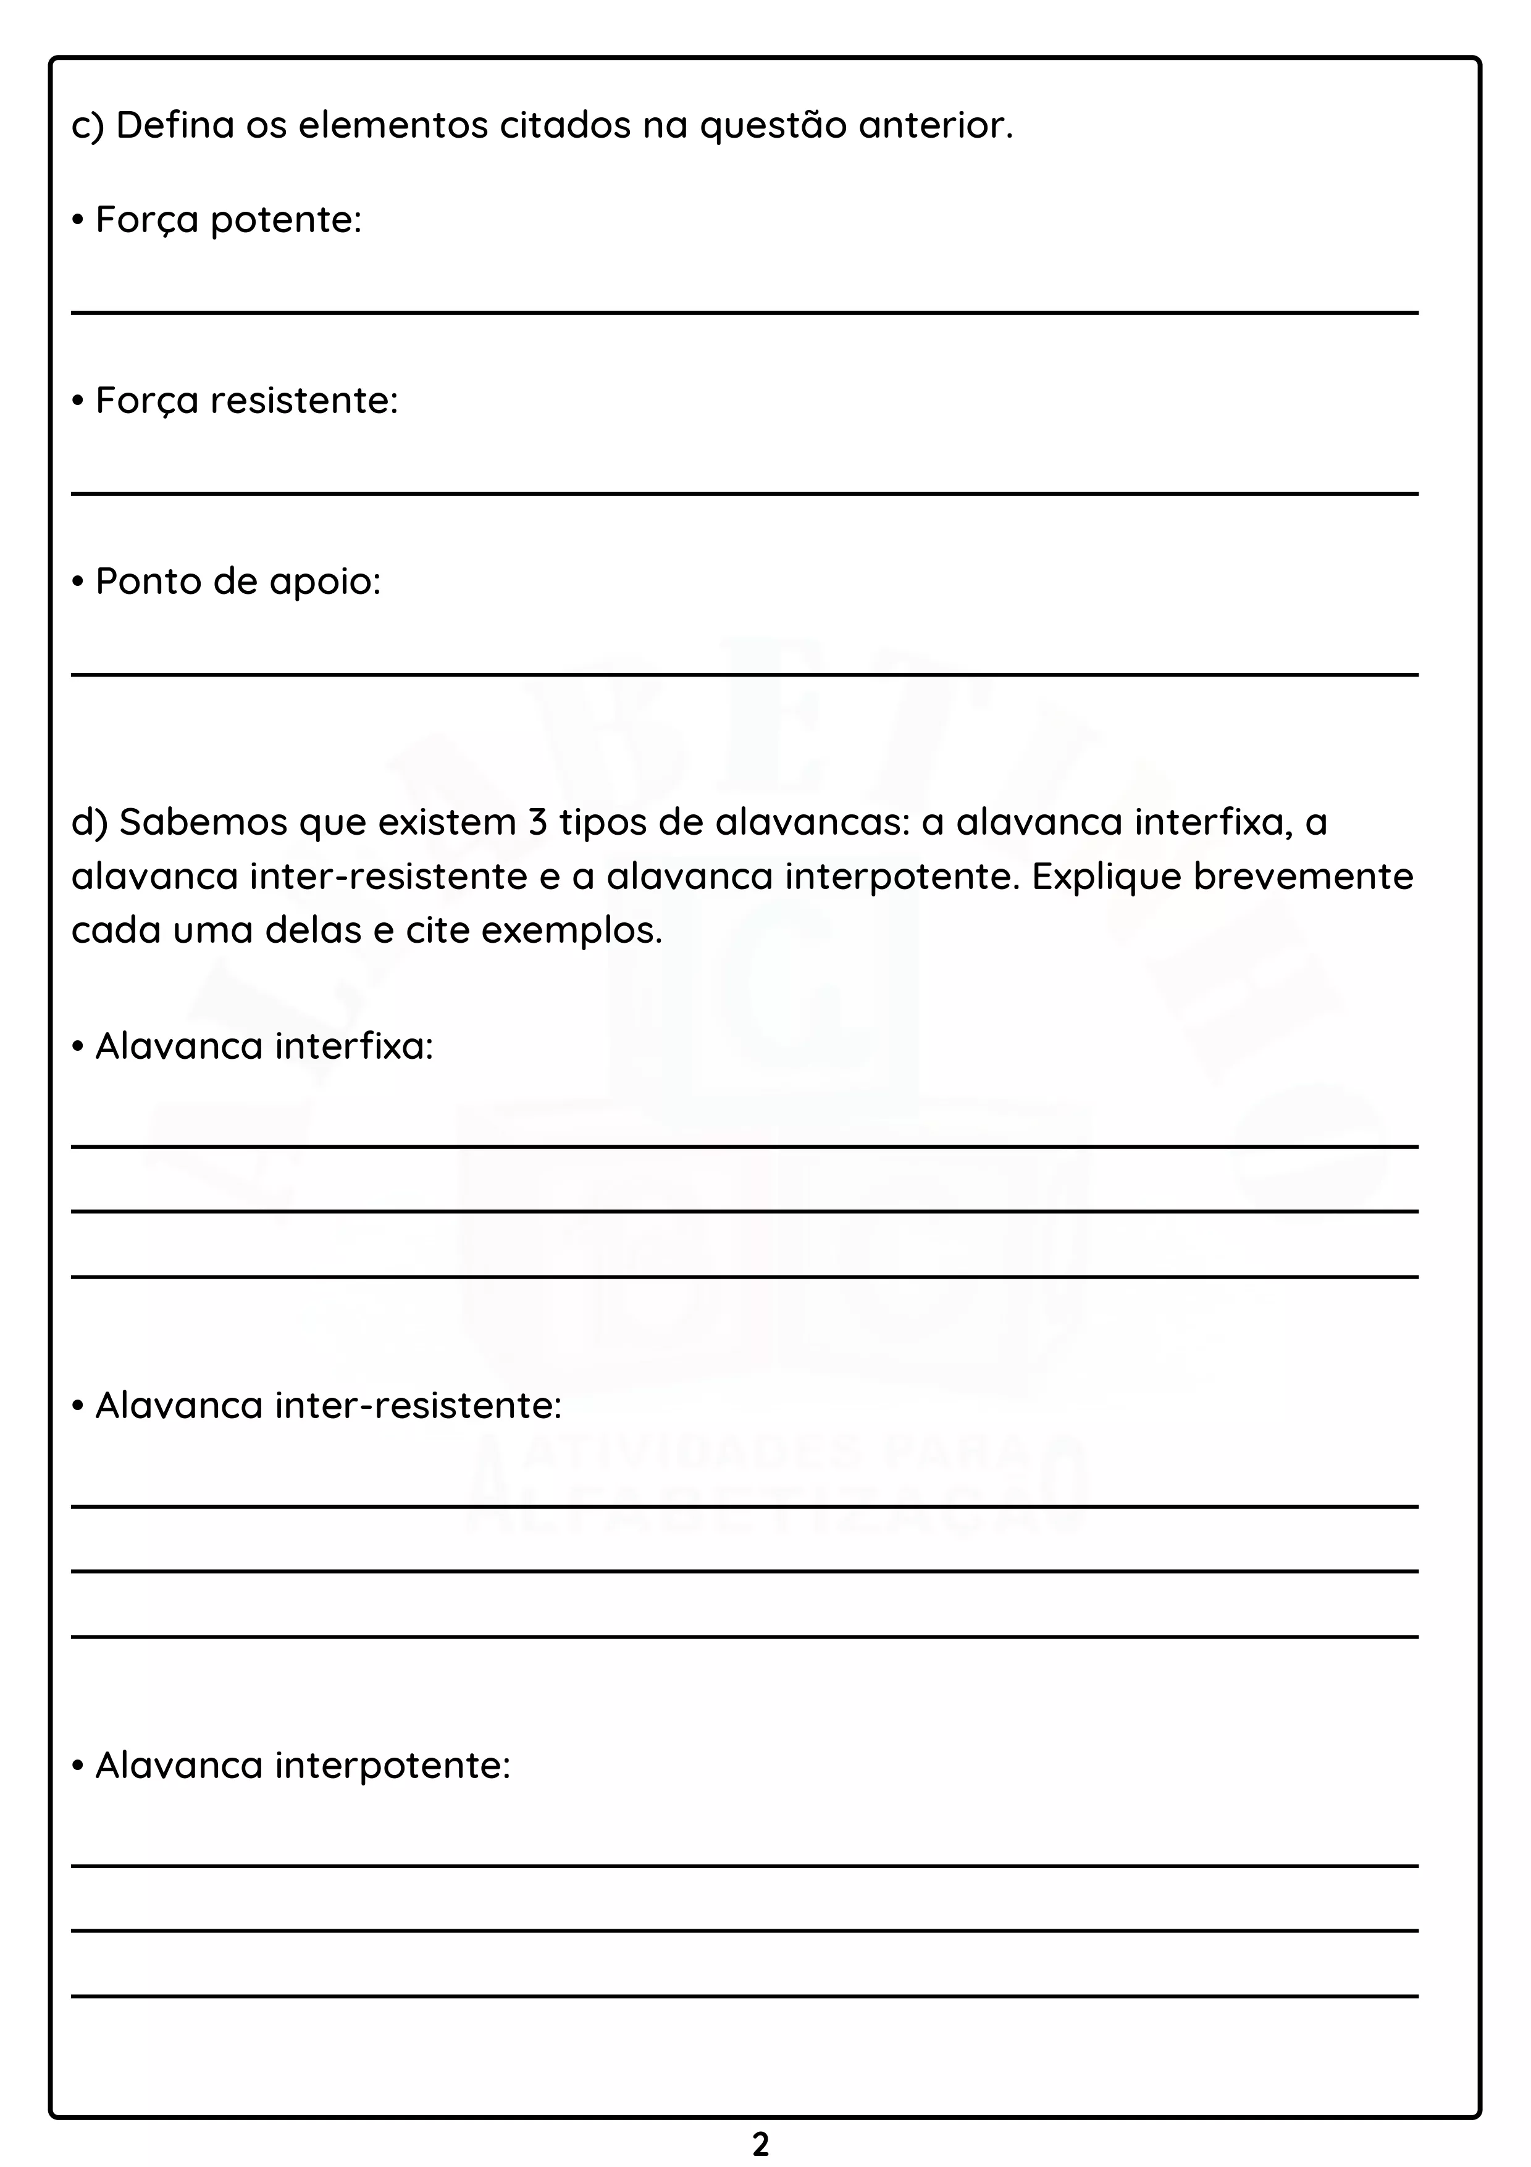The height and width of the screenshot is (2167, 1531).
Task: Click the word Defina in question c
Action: coord(175,125)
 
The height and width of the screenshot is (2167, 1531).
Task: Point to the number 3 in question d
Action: coord(538,823)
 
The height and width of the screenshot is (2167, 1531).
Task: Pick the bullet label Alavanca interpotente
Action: coord(302,1766)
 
